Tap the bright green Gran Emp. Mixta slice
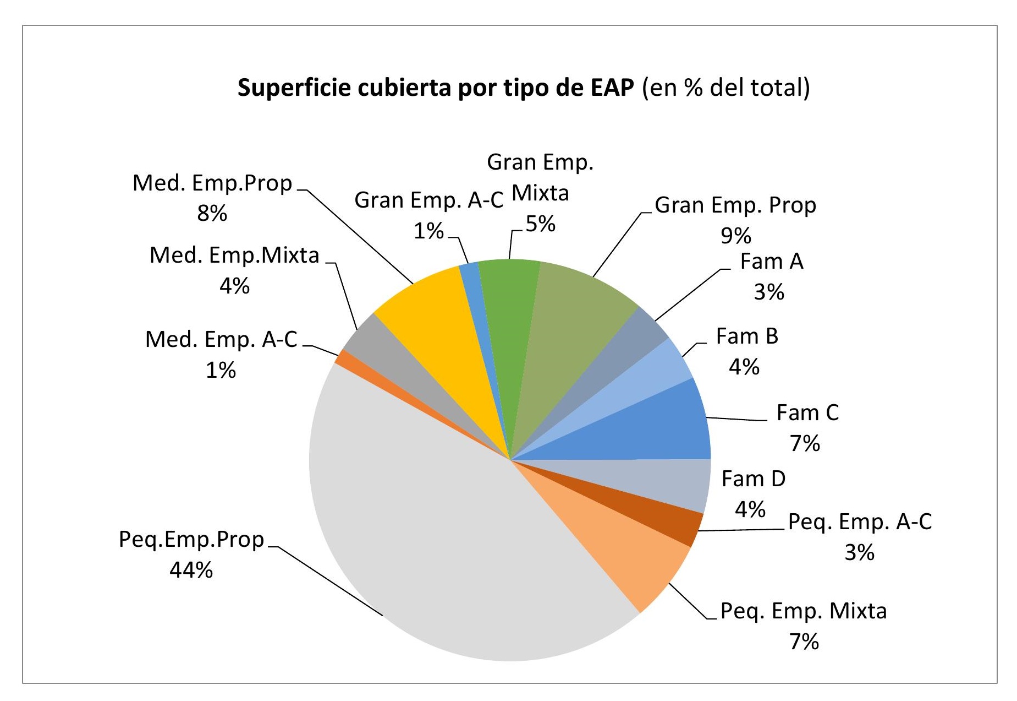pos(509,308)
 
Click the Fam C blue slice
pos(649,427)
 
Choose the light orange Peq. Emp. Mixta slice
pos(622,545)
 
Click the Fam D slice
pos(660,482)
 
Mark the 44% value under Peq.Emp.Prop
pos(191,570)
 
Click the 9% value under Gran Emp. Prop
pos(735,236)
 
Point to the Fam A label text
pos(771,261)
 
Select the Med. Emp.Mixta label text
pos(234,255)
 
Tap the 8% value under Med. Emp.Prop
pos(212,213)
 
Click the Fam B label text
pos(746,336)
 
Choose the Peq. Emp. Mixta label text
pos(803,611)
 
